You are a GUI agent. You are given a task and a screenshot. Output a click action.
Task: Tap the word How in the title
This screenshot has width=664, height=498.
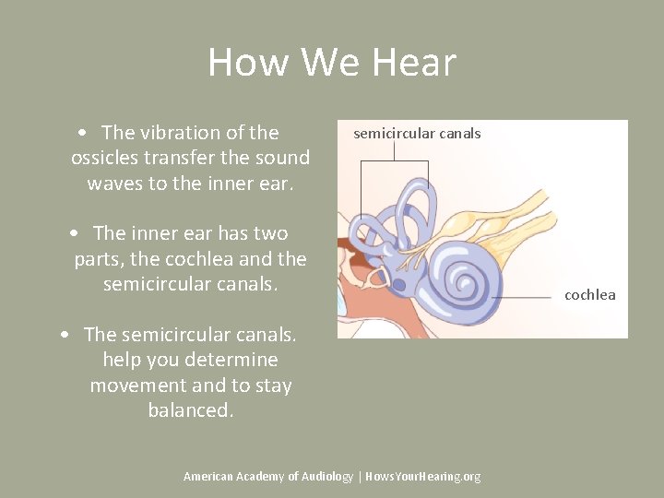(240, 63)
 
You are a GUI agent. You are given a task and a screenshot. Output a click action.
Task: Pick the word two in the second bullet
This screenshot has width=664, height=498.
(268, 233)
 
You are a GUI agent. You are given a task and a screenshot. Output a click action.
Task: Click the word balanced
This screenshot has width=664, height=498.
(190, 410)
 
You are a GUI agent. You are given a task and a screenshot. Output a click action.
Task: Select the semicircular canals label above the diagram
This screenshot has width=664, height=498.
(417, 134)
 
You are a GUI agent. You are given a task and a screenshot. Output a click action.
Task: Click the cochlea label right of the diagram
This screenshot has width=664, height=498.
(589, 295)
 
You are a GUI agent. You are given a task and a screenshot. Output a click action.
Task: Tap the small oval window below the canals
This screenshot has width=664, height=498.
(375, 276)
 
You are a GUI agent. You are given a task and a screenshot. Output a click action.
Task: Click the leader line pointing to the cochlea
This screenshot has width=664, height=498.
(526, 295)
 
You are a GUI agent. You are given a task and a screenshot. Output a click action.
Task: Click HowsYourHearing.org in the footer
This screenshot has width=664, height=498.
(423, 476)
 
